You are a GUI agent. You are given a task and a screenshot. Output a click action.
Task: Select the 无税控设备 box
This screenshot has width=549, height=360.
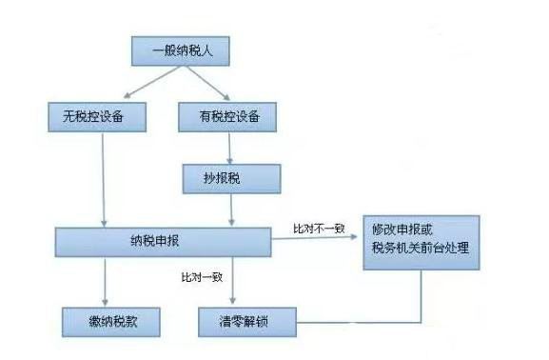(x=99, y=117)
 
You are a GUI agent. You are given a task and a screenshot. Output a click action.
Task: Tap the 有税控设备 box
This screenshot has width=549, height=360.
(x=227, y=117)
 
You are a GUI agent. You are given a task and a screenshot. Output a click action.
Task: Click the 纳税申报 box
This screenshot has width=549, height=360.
(x=163, y=242)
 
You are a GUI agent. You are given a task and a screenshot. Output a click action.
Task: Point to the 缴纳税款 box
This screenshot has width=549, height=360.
(x=108, y=320)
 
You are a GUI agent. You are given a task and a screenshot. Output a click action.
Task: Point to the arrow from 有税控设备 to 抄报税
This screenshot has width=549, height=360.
(x=231, y=148)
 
